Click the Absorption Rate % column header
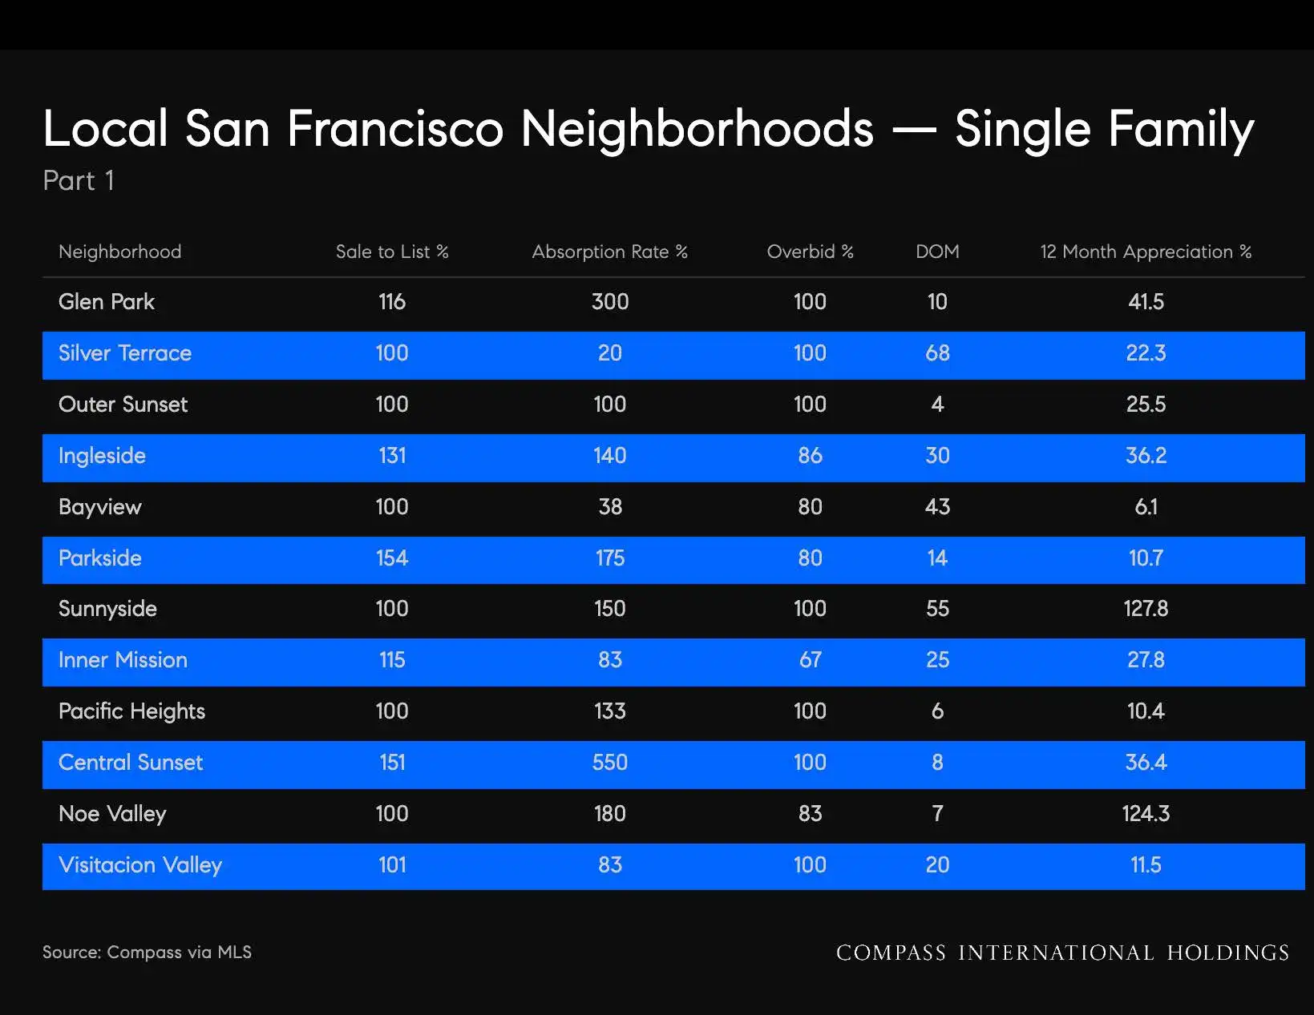point(609,252)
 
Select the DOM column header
point(937,252)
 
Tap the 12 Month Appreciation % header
point(1146,252)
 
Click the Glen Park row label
point(107,301)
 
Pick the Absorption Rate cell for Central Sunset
point(609,763)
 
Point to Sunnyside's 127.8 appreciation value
point(1146,608)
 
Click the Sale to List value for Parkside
point(392,558)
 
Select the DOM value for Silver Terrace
point(937,352)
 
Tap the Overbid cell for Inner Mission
point(811,660)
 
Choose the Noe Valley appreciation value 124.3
point(1146,814)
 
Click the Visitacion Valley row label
point(140,865)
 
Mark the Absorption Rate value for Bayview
point(609,506)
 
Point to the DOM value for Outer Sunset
point(937,405)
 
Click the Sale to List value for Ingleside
point(392,456)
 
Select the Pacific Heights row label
point(131,711)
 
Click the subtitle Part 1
point(79,180)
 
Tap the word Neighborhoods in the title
point(697,129)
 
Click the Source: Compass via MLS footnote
point(147,953)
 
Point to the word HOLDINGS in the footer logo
point(1228,953)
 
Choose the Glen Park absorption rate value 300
point(609,301)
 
